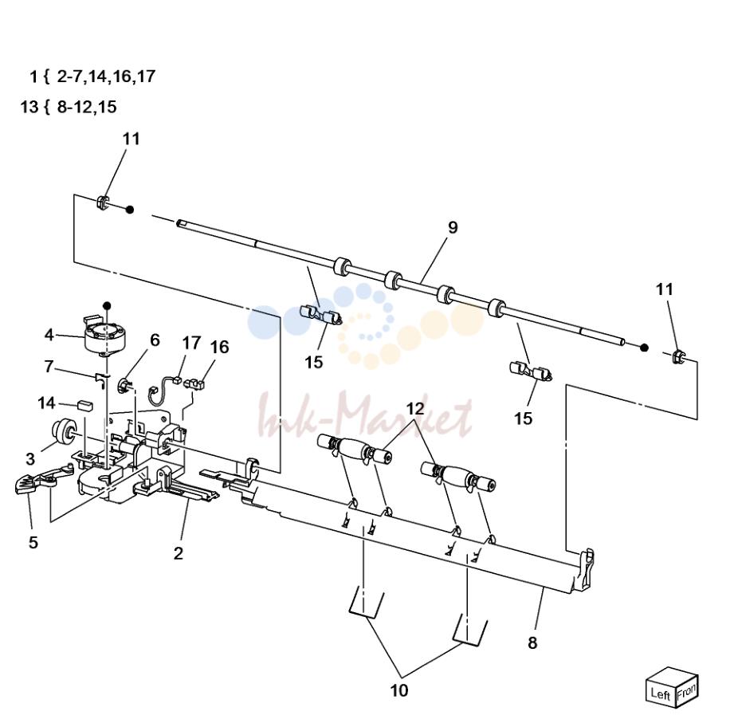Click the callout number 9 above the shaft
coord(452,227)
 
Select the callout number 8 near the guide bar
coord(532,643)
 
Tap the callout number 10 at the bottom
coord(399,690)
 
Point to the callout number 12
coord(415,409)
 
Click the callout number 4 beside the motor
coord(49,335)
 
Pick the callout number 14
coord(46,403)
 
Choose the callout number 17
coord(191,343)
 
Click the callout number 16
coord(219,348)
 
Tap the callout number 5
coord(33,543)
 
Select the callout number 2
coord(179,553)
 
